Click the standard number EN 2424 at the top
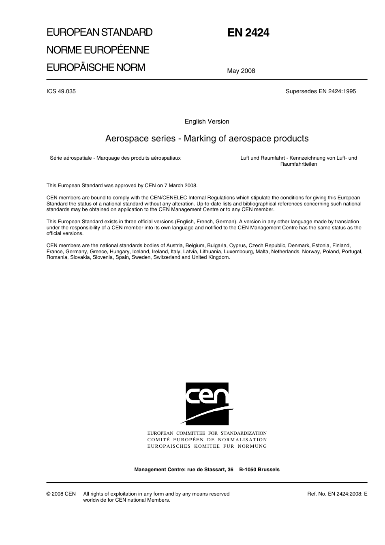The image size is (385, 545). (248, 33)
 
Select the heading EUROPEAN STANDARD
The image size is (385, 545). (99, 32)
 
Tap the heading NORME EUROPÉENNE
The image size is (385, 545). (98, 50)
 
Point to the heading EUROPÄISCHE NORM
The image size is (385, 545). (96, 67)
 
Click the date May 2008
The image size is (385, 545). (241, 71)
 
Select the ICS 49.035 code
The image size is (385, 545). (61, 91)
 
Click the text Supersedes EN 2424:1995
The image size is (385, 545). (321, 91)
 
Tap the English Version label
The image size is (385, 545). (207, 122)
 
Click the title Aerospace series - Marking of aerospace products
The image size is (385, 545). (207, 139)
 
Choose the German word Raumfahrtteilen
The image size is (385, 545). (299, 164)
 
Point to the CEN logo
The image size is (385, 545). (207, 404)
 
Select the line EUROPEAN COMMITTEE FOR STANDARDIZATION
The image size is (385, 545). (207, 434)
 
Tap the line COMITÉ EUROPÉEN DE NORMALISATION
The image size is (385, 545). (207, 440)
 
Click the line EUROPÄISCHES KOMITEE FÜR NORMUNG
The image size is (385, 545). (207, 446)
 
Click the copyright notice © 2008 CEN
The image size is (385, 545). (61, 494)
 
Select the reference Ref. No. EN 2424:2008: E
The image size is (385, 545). (337, 494)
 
